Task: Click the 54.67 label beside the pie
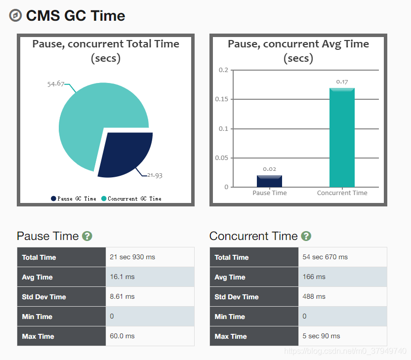(x=56, y=84)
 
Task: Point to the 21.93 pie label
(x=155, y=175)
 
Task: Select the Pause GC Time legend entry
(x=74, y=199)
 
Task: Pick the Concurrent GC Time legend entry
(x=131, y=199)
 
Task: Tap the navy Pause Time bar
(x=269, y=181)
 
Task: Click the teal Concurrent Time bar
(x=342, y=138)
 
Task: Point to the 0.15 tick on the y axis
(x=221, y=99)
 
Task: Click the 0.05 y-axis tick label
(x=221, y=158)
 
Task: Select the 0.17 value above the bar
(x=342, y=82)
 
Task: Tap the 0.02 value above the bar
(x=269, y=169)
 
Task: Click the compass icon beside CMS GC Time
(x=15, y=15)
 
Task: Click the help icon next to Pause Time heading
(x=87, y=236)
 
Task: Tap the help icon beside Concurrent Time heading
(x=306, y=236)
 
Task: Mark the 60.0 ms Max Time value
(x=122, y=336)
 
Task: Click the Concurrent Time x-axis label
(x=342, y=193)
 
